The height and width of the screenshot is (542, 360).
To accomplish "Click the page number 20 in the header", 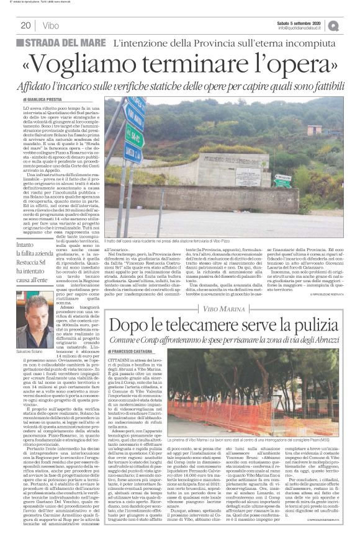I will pos(26,25).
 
